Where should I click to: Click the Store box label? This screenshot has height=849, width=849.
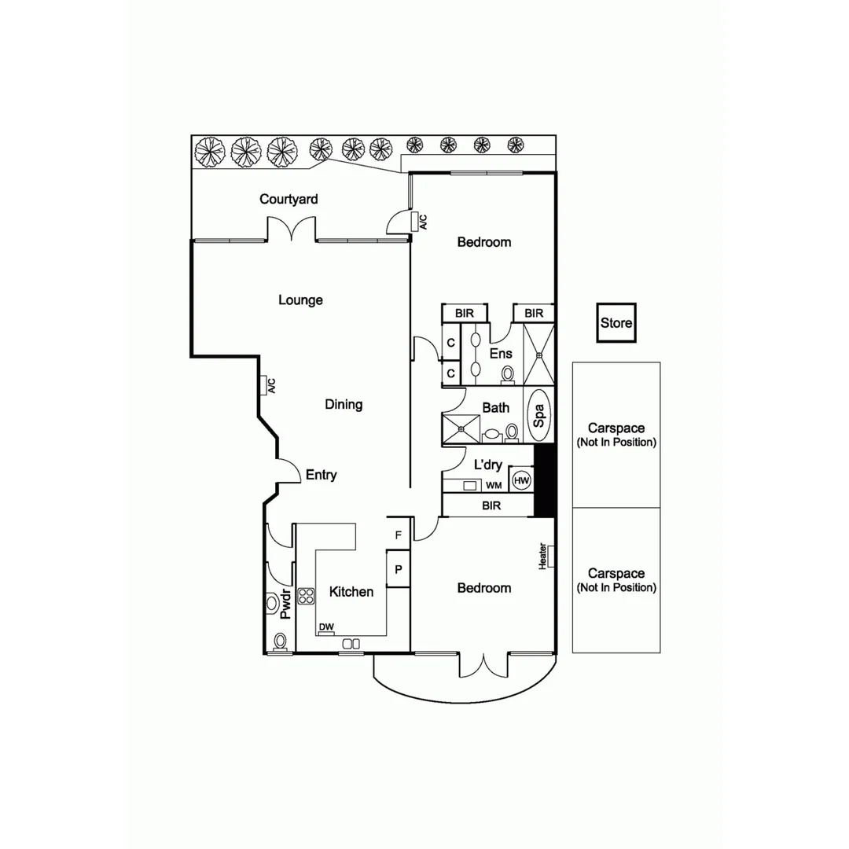[x=616, y=323]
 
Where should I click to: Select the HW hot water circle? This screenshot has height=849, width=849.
[x=521, y=480]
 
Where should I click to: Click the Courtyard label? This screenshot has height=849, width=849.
[x=289, y=200]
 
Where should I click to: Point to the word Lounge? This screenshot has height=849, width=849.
[x=300, y=300]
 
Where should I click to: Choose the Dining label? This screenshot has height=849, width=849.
[x=344, y=405]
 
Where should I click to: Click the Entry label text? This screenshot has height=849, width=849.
[x=321, y=475]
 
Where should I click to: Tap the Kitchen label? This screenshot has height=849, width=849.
[x=351, y=592]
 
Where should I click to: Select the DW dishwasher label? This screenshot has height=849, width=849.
[x=326, y=627]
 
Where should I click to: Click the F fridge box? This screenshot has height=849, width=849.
[x=399, y=535]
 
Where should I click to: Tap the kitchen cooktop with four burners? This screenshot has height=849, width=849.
[x=306, y=596]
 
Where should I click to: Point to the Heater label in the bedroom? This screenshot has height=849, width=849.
[x=542, y=557]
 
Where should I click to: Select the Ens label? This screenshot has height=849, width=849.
[x=501, y=354]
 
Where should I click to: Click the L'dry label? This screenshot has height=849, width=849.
[x=488, y=465]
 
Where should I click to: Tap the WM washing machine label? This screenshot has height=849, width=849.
[x=494, y=485]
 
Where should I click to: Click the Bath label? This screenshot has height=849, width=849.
[x=495, y=408]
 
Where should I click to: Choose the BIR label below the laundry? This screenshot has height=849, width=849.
[x=491, y=505]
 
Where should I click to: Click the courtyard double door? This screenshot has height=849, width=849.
[x=292, y=230]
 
